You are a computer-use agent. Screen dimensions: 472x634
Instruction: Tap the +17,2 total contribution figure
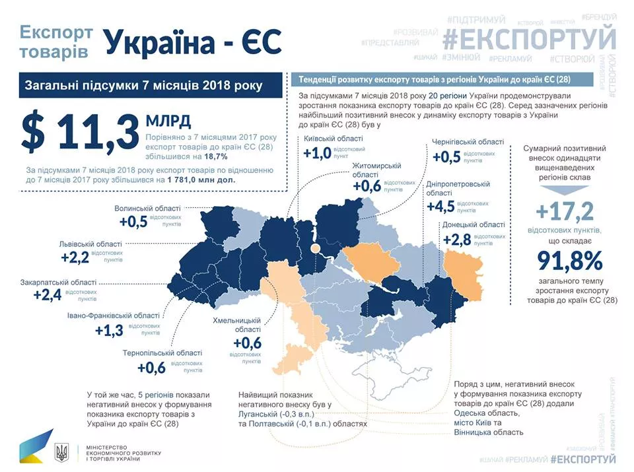(x=565, y=213)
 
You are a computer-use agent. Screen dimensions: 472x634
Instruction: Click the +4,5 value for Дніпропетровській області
(x=441, y=207)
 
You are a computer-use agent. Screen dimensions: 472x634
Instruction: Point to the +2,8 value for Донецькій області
(x=456, y=239)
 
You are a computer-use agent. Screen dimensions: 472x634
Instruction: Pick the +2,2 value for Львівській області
(x=75, y=257)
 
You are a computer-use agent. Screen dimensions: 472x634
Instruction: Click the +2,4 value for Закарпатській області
(x=48, y=294)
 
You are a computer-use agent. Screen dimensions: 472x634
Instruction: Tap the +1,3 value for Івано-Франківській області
(x=109, y=330)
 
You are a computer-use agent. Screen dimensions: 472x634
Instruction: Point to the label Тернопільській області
(x=162, y=353)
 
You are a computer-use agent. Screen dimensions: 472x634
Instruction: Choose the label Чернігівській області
(x=468, y=142)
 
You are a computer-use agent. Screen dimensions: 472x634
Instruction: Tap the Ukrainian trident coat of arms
(x=61, y=452)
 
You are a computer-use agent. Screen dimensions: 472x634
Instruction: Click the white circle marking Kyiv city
(x=316, y=248)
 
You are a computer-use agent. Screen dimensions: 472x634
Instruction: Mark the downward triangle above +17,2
(x=565, y=189)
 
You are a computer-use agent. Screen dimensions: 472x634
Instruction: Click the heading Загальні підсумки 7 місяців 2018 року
(x=143, y=86)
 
